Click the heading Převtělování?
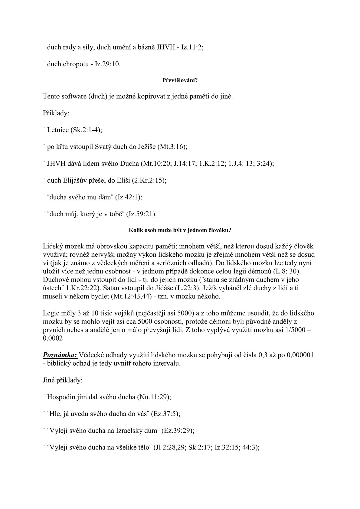180,80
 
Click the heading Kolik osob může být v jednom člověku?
180,230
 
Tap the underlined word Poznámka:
60,355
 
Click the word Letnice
58,130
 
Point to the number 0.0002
53,338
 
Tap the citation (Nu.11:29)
154,396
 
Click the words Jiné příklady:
63,380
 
